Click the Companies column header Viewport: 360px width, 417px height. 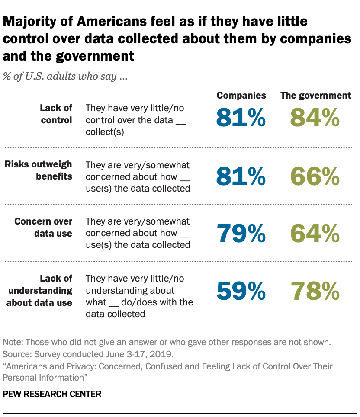[241, 96]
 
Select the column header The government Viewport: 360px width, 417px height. [315, 96]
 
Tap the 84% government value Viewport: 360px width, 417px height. [315, 118]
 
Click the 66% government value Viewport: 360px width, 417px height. [315, 176]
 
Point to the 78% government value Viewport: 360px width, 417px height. [315, 291]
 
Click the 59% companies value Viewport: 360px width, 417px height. [241, 291]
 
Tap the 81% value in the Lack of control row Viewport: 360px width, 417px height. [241, 118]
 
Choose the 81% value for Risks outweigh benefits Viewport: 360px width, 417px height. [241, 176]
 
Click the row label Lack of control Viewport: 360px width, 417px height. [56, 114]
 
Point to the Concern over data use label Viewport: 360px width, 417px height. [43, 227]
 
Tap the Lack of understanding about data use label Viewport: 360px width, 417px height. [39, 290]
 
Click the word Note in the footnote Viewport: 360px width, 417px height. [13, 342]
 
